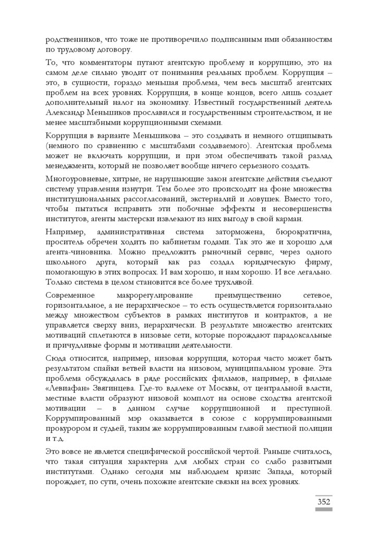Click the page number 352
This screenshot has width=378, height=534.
click(x=323, y=502)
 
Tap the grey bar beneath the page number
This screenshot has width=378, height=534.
click(x=323, y=509)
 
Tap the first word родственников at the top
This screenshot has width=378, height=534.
click(x=72, y=40)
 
